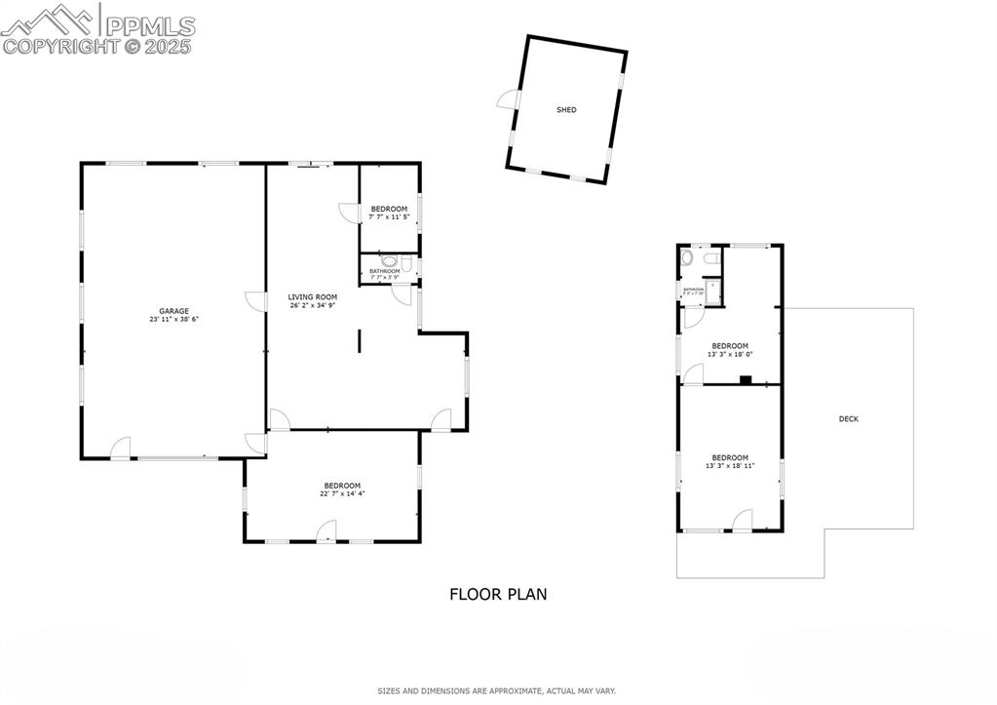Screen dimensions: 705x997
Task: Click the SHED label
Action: tap(566, 110)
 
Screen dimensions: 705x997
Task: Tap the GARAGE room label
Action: tap(174, 311)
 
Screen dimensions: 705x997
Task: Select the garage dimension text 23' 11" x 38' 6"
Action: tap(174, 320)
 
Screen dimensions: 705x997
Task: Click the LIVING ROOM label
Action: tap(312, 296)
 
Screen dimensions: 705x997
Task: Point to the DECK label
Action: tap(849, 419)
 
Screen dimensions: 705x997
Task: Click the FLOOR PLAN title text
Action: tap(498, 594)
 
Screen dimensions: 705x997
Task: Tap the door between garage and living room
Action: tap(255, 301)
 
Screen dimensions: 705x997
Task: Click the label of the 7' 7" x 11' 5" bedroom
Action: tap(389, 209)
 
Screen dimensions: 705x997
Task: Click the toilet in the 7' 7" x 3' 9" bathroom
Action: tap(390, 261)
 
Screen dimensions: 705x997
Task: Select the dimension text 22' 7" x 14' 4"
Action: tap(342, 493)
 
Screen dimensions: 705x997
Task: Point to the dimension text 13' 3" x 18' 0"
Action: tap(730, 354)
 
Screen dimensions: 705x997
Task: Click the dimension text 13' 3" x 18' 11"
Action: tap(730, 466)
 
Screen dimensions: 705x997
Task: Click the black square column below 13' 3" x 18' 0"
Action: tap(746, 380)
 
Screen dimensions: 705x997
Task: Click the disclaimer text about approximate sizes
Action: tap(497, 690)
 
